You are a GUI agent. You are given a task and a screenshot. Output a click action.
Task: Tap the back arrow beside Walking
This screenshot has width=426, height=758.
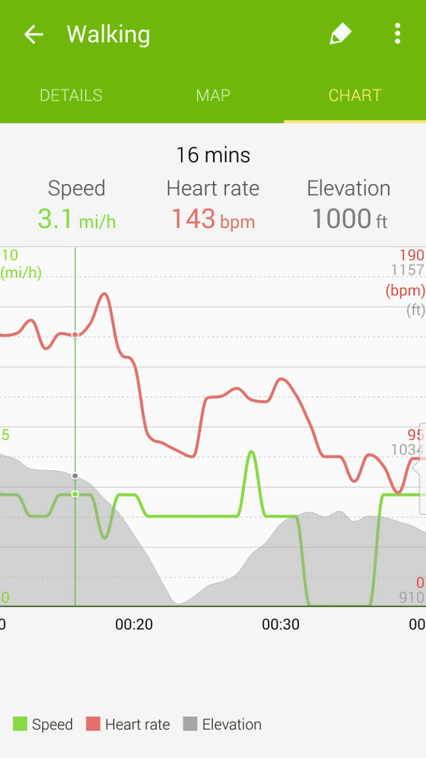pyautogui.click(x=34, y=35)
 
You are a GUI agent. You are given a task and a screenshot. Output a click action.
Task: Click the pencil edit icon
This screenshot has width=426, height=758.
pyautogui.click(x=340, y=34)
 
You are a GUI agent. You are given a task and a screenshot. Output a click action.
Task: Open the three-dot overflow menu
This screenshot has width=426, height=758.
pyautogui.click(x=398, y=34)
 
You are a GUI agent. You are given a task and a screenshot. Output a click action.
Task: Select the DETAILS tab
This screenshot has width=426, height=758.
pyautogui.click(x=71, y=95)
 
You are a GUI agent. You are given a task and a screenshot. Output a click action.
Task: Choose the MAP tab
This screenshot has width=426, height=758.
pyautogui.click(x=213, y=95)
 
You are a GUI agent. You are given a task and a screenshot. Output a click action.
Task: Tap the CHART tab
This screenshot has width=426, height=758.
pyautogui.click(x=355, y=95)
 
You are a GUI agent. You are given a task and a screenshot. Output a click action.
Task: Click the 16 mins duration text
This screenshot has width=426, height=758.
pyautogui.click(x=213, y=155)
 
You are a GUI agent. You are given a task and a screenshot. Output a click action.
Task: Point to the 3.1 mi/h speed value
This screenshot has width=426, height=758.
pyautogui.click(x=77, y=219)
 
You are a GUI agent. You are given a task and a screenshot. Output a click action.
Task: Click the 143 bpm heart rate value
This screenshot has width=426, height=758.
pyautogui.click(x=213, y=219)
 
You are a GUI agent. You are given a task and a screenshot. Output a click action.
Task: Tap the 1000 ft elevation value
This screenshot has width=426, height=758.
pyautogui.click(x=349, y=219)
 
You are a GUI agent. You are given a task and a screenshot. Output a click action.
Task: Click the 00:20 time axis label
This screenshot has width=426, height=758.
pyautogui.click(x=134, y=624)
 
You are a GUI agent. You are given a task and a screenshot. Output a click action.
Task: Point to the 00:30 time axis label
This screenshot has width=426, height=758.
pyautogui.click(x=281, y=624)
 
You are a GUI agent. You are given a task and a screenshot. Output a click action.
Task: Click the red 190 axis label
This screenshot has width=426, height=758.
pyautogui.click(x=412, y=255)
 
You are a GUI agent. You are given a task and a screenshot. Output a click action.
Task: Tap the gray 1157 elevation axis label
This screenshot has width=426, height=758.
pyautogui.click(x=408, y=270)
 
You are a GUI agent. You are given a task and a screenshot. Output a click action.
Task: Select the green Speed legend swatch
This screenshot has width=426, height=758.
pyautogui.click(x=20, y=724)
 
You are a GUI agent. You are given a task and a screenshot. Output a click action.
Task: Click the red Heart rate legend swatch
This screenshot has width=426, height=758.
pyautogui.click(x=93, y=724)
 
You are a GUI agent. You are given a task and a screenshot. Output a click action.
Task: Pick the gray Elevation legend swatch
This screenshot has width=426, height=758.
pyautogui.click(x=190, y=724)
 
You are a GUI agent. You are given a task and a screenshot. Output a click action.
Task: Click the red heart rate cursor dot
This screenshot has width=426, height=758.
pyautogui.click(x=75, y=335)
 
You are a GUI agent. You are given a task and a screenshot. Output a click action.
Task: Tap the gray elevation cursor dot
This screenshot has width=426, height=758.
pyautogui.click(x=75, y=475)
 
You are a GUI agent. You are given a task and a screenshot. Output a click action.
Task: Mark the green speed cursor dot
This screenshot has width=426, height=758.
pyautogui.click(x=75, y=494)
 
